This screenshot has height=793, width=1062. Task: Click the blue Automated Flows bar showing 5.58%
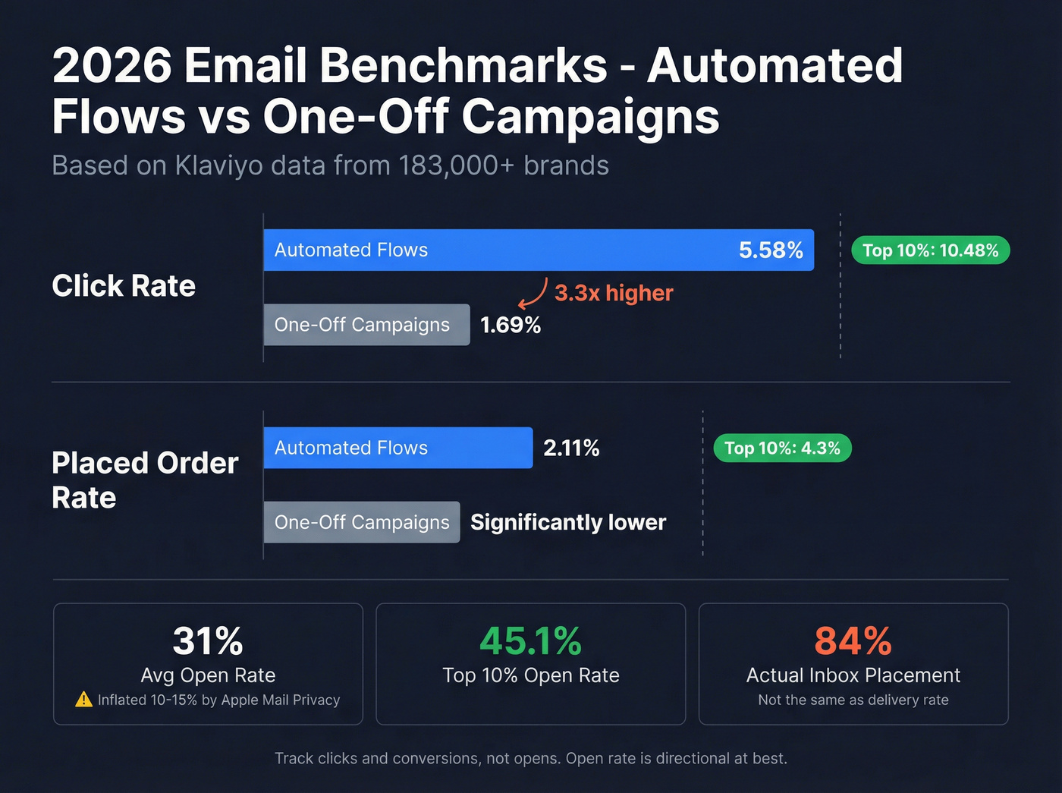click(539, 250)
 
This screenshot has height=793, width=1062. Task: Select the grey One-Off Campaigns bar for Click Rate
click(366, 325)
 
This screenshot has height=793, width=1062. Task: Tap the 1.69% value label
click(511, 325)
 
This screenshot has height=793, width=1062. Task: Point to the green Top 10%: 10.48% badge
click(930, 250)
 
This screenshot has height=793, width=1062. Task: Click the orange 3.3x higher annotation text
click(614, 293)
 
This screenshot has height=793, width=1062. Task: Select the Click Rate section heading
click(124, 286)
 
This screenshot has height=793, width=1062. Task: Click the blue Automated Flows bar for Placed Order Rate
click(397, 448)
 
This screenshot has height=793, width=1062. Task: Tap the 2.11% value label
click(571, 448)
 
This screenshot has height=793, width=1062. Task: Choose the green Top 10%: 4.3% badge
click(782, 448)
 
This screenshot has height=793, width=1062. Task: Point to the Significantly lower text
click(568, 522)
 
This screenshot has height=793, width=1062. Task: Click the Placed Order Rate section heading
click(144, 480)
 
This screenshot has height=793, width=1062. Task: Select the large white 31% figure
click(208, 640)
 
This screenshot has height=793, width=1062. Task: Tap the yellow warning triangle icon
click(83, 700)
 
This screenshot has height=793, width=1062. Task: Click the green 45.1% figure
click(530, 640)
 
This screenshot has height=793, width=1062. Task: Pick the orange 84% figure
click(853, 640)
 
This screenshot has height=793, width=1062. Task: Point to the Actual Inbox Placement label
click(853, 675)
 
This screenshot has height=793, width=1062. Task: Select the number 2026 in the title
click(112, 66)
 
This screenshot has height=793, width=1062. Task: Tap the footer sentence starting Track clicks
click(530, 758)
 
